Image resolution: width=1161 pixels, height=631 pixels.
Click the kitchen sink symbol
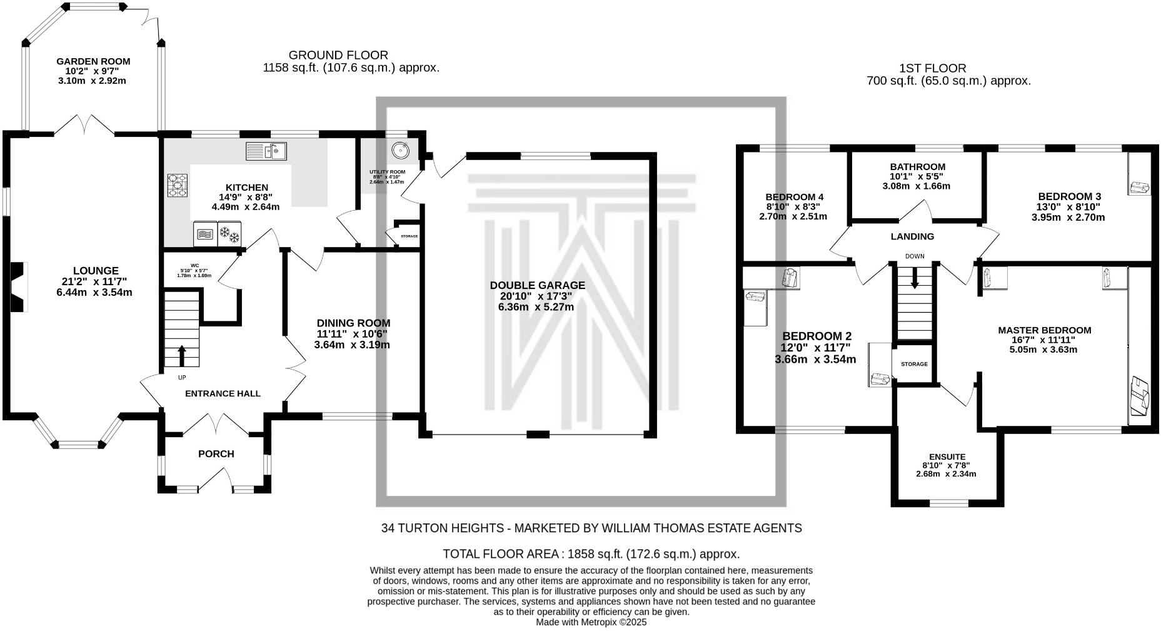point(266,151)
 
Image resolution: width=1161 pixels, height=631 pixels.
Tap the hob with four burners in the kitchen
point(178,185)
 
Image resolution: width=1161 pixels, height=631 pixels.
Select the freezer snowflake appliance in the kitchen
point(229,235)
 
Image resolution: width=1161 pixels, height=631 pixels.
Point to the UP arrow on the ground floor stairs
point(182,355)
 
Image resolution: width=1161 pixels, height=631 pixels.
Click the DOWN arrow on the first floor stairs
point(915,278)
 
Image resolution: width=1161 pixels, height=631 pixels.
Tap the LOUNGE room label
point(95,271)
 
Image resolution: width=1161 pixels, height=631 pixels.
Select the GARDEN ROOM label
point(93,61)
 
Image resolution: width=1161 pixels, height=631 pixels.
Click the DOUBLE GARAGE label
point(537,285)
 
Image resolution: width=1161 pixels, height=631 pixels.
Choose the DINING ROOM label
point(353,323)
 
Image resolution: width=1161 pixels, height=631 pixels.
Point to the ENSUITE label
point(947,457)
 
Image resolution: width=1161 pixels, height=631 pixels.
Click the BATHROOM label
point(917,167)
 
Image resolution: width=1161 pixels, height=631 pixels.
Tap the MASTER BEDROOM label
point(1044,330)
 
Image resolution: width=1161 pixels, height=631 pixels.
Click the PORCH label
point(216,453)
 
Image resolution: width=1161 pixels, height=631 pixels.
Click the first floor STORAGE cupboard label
point(914,364)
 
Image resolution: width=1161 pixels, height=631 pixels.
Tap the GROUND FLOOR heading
point(338,55)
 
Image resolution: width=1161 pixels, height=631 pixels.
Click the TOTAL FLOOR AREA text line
point(591,553)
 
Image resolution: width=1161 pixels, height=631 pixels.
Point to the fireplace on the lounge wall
point(19,286)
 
